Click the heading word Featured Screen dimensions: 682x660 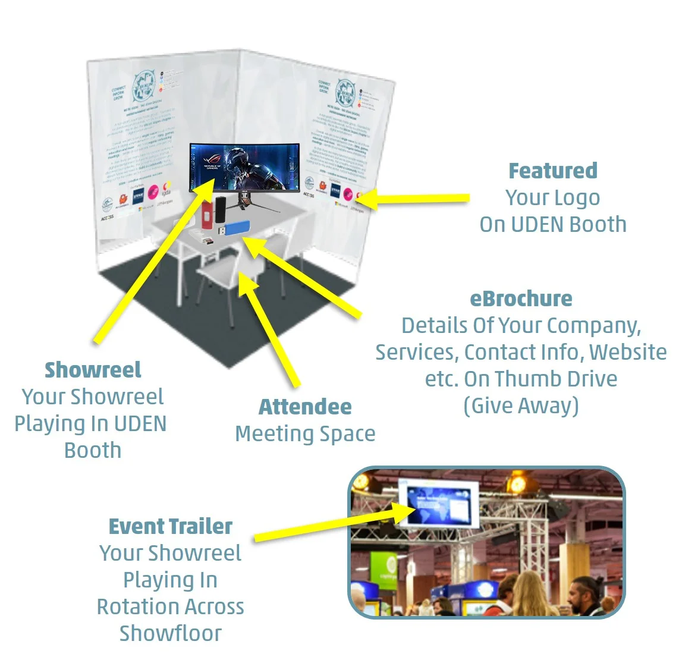(x=552, y=171)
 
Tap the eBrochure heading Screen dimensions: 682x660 (x=521, y=298)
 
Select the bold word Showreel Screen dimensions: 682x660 (x=93, y=370)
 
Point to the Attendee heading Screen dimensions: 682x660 (x=305, y=407)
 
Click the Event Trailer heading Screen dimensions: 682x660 (x=170, y=526)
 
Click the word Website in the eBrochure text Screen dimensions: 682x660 (x=627, y=352)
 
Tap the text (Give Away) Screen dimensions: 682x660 (x=521, y=406)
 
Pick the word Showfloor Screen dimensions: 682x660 (x=170, y=633)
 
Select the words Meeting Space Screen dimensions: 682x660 (x=305, y=433)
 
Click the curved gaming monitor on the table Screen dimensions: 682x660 (x=244, y=167)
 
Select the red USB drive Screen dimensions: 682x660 (x=208, y=215)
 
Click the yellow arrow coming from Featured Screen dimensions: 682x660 (x=416, y=199)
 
